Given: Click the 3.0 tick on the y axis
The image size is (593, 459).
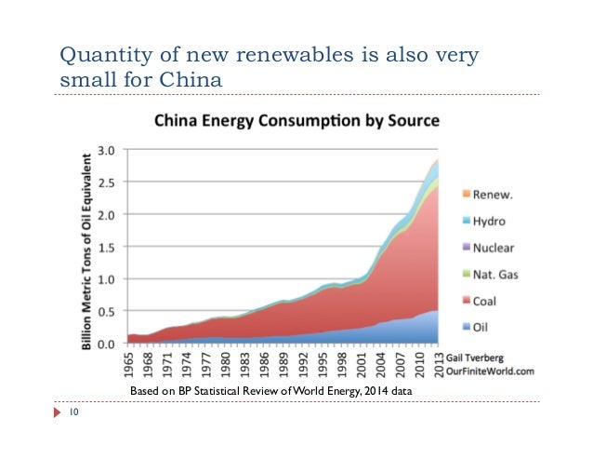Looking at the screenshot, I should click(108, 149).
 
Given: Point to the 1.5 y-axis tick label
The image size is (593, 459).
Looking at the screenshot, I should click(108, 246).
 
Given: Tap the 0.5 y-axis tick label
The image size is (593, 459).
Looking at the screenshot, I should click(108, 310).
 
